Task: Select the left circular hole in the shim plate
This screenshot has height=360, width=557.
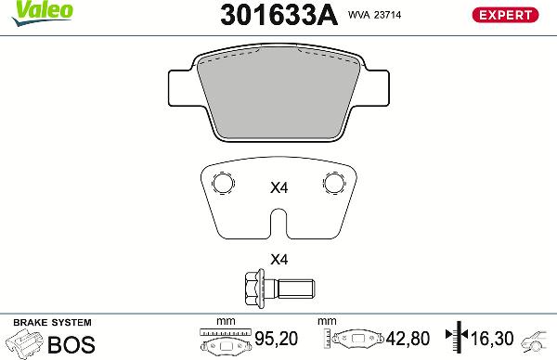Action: coord(221,182)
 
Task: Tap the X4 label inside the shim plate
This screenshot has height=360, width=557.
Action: coord(278,187)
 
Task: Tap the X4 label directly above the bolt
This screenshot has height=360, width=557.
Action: coord(278,259)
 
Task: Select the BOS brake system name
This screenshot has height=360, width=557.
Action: coord(71,344)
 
